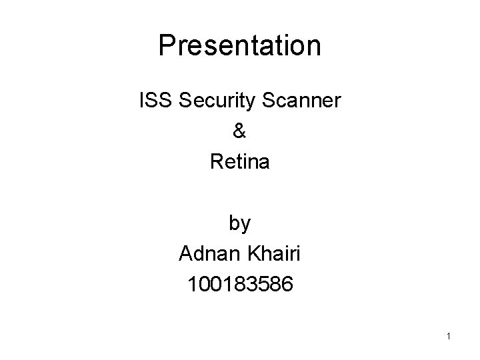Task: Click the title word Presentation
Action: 240,46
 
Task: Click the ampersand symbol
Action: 240,131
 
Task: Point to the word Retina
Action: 240,161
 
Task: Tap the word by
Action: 240,224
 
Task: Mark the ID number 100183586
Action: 240,285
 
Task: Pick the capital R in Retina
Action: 216,161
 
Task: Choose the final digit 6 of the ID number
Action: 285,285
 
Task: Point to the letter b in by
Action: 235,223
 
